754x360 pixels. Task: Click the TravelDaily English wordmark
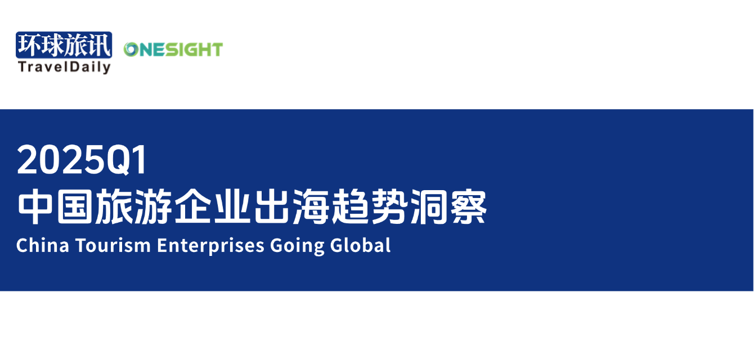click(64, 67)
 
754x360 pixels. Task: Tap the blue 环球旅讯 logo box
click(64, 45)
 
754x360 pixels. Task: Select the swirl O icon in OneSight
click(131, 49)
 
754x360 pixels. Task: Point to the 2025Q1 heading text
click(82, 160)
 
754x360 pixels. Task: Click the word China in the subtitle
click(43, 245)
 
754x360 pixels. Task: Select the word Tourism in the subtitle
click(113, 245)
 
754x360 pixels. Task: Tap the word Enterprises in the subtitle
click(210, 246)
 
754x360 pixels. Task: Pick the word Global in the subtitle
click(360, 245)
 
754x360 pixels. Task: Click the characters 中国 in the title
click(55, 206)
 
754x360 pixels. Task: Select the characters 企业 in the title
click(212, 206)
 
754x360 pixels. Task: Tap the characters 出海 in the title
click(291, 206)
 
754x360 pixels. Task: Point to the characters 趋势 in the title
click(369, 206)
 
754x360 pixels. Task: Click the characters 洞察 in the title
click(448, 206)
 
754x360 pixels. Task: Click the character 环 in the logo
click(29, 45)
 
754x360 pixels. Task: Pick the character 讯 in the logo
click(99, 45)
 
